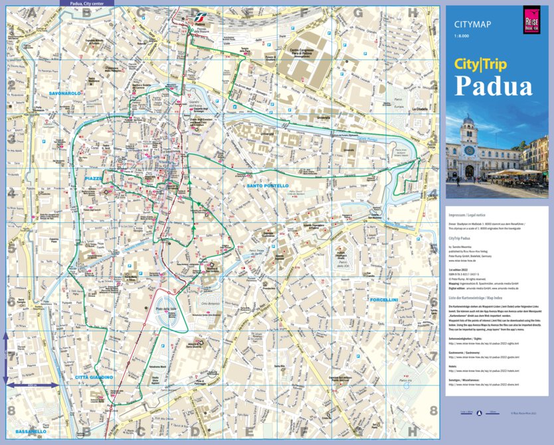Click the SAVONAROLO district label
tap(64, 94)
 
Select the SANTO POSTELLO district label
tap(267, 186)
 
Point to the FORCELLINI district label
tap(384, 299)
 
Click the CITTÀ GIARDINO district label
tap(94, 377)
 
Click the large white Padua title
tap(493, 86)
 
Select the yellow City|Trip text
tap(480, 64)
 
